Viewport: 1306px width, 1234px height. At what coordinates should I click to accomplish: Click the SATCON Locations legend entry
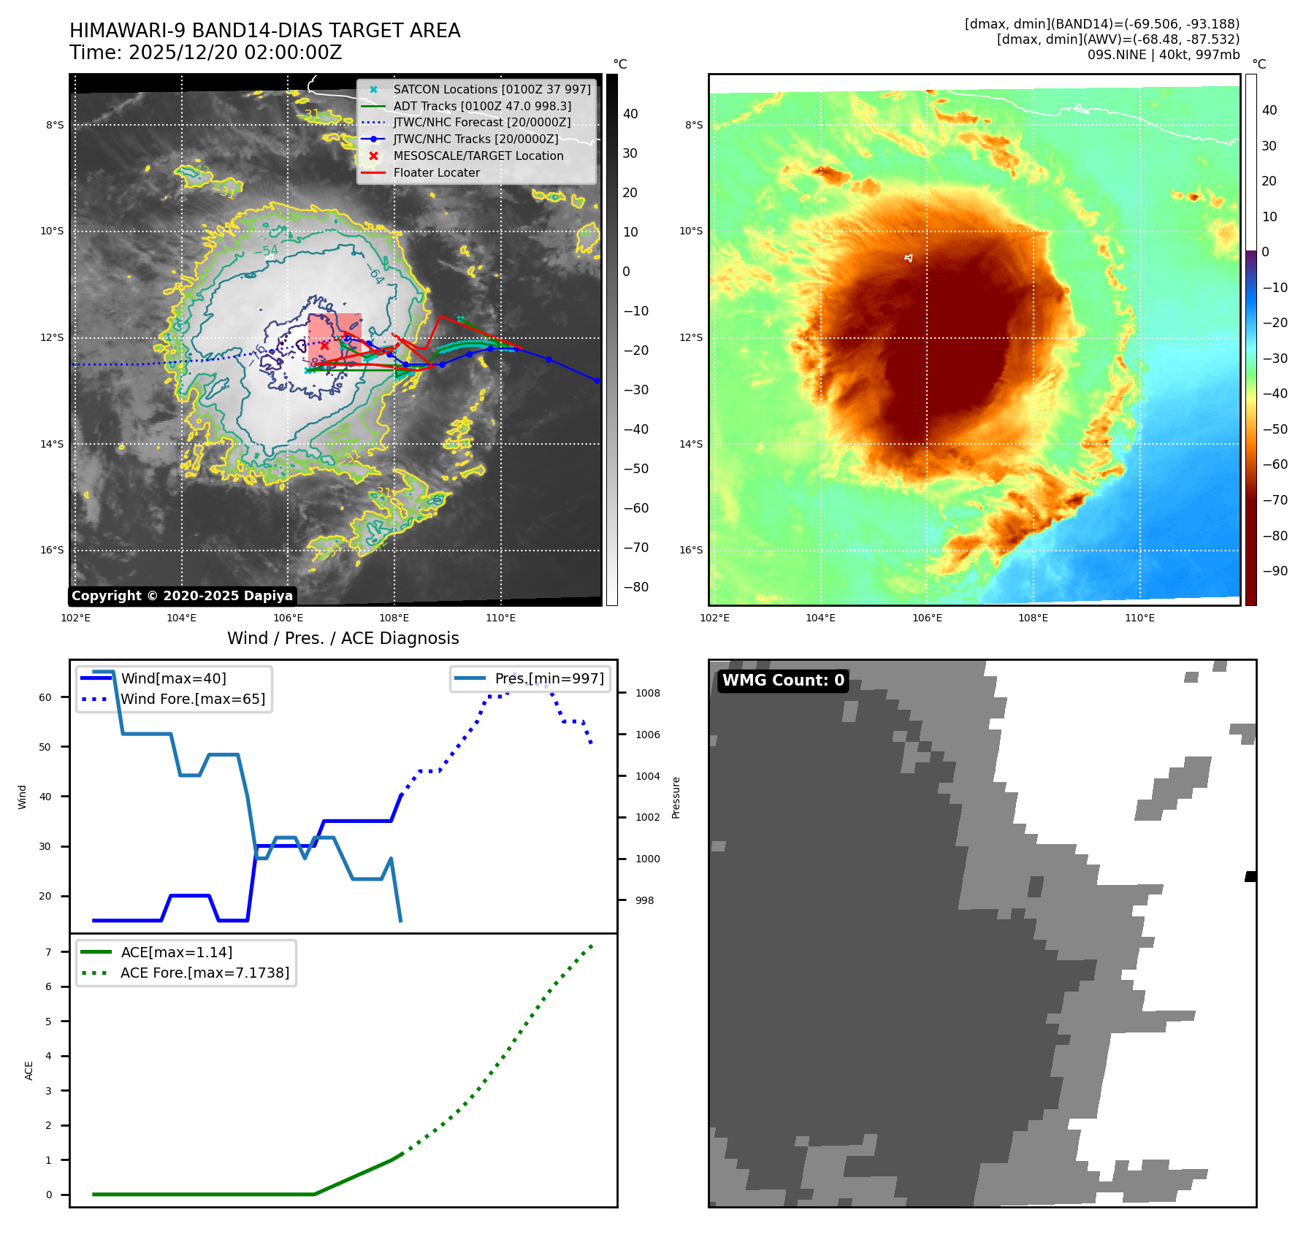[x=492, y=89]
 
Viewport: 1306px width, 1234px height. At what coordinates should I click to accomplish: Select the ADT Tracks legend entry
[x=482, y=106]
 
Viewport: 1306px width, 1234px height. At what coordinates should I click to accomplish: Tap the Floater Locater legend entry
[x=436, y=172]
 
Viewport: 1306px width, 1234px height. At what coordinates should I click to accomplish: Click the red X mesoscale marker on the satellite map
[x=324, y=345]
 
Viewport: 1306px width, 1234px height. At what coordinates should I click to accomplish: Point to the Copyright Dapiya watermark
[x=182, y=596]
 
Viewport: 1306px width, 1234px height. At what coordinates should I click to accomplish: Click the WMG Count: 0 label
[x=783, y=681]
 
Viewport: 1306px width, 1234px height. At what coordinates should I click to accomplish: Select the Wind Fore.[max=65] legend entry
[x=193, y=699]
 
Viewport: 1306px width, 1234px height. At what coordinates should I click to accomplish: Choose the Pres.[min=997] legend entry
[x=549, y=678]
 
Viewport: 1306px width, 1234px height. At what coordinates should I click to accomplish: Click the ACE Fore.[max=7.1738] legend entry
[x=205, y=973]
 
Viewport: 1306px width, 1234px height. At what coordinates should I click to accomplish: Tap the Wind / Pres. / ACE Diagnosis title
[x=343, y=638]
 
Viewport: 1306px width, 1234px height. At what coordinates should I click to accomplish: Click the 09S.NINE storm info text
[x=1163, y=55]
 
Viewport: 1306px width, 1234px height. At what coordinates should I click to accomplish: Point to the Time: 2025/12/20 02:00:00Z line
[x=206, y=53]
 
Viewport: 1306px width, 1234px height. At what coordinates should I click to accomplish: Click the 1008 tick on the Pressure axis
[x=647, y=693]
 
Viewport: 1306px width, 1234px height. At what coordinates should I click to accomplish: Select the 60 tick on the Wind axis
[x=45, y=697]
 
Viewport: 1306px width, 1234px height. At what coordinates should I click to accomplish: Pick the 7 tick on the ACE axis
[x=49, y=952]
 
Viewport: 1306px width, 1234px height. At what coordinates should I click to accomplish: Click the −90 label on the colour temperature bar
[x=1275, y=571]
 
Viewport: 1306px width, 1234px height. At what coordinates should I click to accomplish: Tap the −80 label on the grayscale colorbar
[x=635, y=587]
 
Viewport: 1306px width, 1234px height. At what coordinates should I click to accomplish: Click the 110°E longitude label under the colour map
[x=1139, y=618]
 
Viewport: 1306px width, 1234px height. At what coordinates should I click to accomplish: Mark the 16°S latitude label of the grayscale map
[x=52, y=550]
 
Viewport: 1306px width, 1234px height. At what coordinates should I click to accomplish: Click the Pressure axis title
[x=676, y=797]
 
